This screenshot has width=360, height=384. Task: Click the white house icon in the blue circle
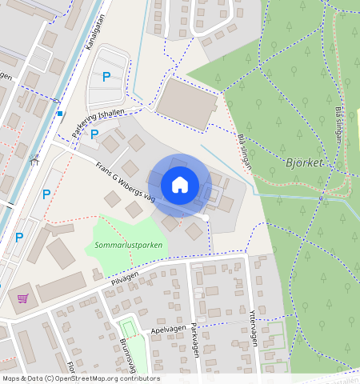[x=180, y=185]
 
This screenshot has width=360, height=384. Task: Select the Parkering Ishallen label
[x=98, y=124]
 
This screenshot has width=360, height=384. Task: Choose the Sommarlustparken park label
[x=126, y=245]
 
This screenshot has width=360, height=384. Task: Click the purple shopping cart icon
[x=22, y=299]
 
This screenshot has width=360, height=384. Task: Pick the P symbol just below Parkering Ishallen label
[x=94, y=134]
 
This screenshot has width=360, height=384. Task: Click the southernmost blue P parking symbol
[x=19, y=238]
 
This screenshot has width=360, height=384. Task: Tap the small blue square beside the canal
[x=59, y=114]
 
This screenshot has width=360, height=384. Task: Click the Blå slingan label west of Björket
[x=245, y=150]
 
